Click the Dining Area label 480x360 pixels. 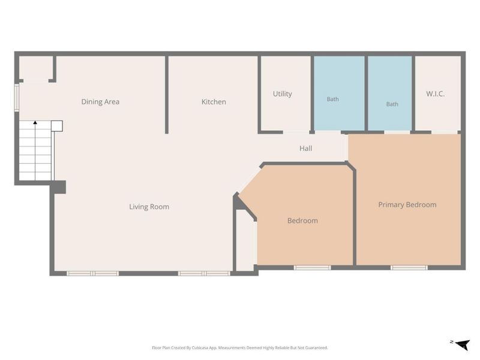pyautogui.click(x=100, y=101)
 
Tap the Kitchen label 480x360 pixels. pyautogui.click(x=214, y=101)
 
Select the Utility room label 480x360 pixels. pyautogui.click(x=282, y=94)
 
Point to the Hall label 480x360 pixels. pyautogui.click(x=305, y=148)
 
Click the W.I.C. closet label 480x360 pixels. pyautogui.click(x=436, y=94)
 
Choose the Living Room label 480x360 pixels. pyautogui.click(x=149, y=206)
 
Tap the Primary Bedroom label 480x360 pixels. pyautogui.click(x=407, y=205)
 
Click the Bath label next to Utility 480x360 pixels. pyautogui.click(x=333, y=99)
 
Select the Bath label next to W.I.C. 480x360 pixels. pyautogui.click(x=392, y=104)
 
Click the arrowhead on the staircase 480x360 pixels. pyautogui.click(x=35, y=122)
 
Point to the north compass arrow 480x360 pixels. pyautogui.click(x=463, y=344)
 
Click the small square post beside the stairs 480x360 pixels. pyautogui.click(x=56, y=126)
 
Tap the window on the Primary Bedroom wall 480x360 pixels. pyautogui.click(x=409, y=268)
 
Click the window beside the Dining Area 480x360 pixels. pyautogui.click(x=17, y=97)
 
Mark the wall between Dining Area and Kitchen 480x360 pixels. pyautogui.click(x=167, y=95)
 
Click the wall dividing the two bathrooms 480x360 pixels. pyautogui.click(x=366, y=94)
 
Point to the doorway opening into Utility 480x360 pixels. pyautogui.click(x=296, y=132)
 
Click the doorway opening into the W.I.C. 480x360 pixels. pyautogui.click(x=445, y=132)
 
